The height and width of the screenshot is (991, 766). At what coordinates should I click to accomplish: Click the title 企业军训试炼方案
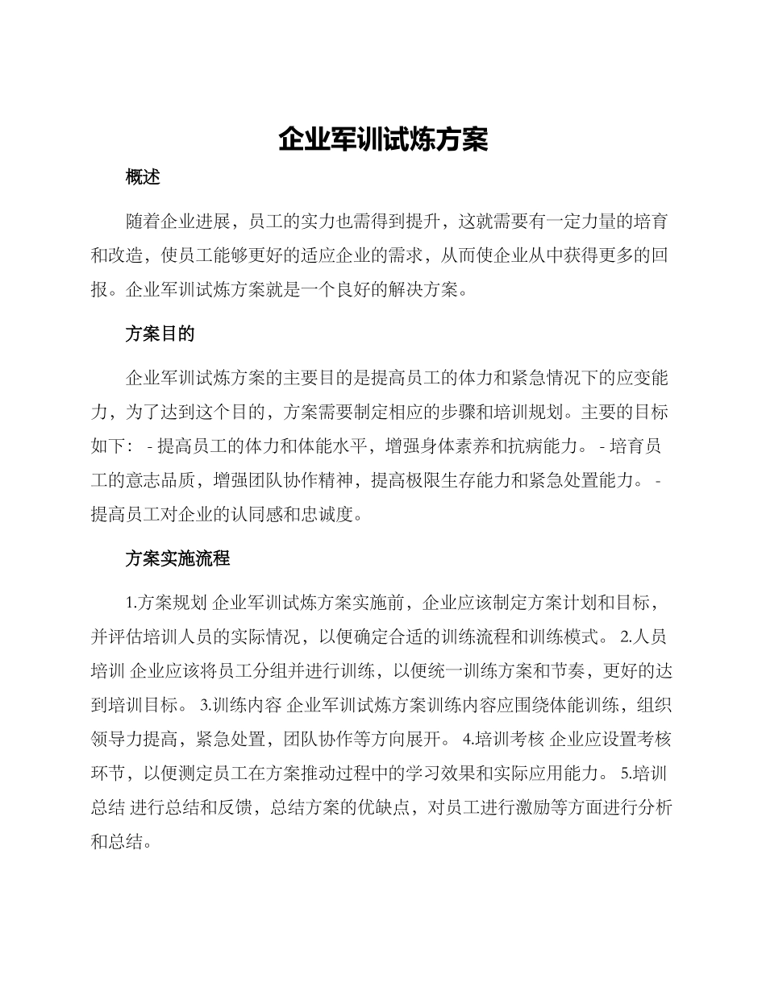coord(383,139)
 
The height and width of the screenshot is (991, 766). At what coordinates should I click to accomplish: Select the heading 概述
coord(143,178)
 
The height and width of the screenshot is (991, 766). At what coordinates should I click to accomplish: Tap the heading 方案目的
coord(160,334)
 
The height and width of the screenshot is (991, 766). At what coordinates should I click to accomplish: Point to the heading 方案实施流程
coord(177,558)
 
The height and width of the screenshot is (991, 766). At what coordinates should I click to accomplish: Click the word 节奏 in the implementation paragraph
coord(568,670)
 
